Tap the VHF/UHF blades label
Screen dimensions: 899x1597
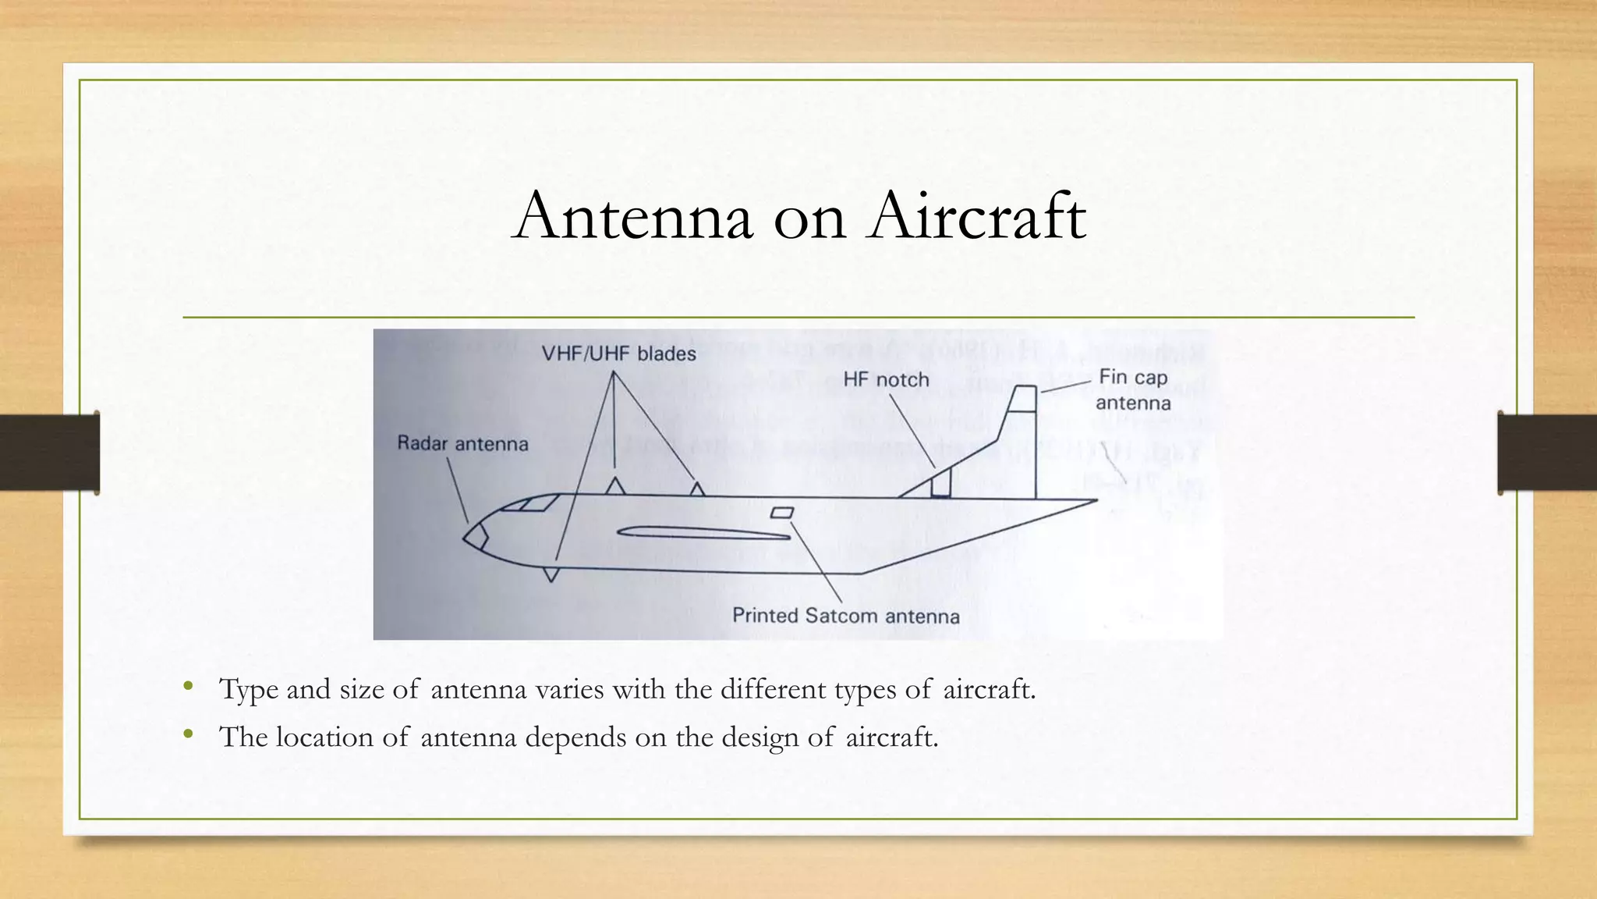coord(618,354)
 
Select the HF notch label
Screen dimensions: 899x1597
coord(886,380)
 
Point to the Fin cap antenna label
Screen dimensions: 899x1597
coord(1133,389)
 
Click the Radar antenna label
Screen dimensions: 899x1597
coord(462,443)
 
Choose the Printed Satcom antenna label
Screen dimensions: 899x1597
coord(845,616)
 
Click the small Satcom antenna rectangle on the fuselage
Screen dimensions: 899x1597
coord(782,513)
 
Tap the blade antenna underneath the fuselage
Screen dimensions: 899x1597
coord(551,574)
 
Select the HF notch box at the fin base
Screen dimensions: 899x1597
coord(941,484)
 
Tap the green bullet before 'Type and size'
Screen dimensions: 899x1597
coord(187,687)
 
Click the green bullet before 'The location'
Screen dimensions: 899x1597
coord(187,734)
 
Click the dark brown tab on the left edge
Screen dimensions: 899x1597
coord(49,453)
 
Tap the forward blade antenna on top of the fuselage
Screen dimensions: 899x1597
coord(615,486)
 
